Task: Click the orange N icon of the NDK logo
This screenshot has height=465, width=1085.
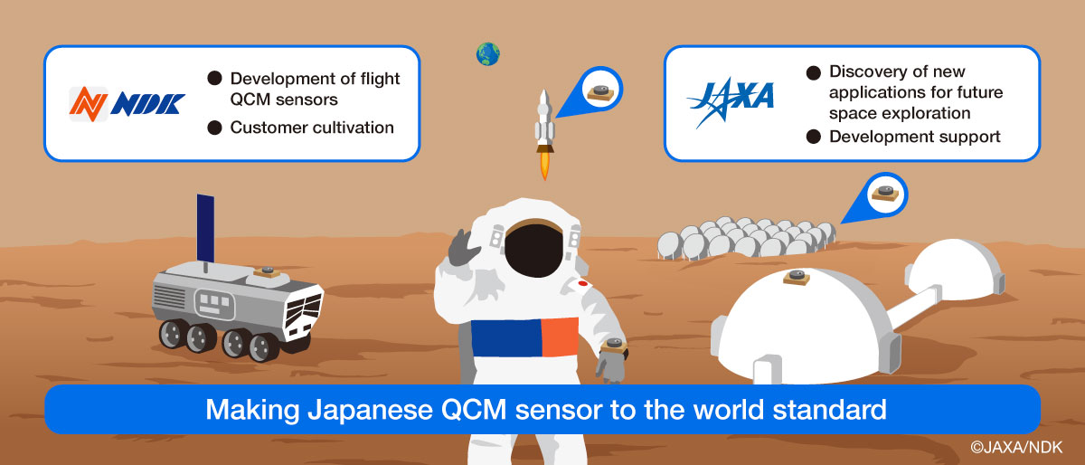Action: click(x=89, y=104)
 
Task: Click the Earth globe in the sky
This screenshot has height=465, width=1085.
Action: click(x=487, y=53)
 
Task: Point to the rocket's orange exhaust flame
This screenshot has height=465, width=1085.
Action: click(x=545, y=165)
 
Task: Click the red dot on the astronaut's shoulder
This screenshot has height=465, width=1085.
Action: click(x=582, y=283)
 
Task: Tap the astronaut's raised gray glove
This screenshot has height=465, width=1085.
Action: click(x=463, y=248)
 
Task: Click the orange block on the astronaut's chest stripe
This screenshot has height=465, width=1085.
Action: click(x=560, y=337)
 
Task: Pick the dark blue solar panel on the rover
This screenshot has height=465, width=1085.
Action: click(x=205, y=228)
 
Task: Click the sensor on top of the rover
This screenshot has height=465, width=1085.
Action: click(x=268, y=271)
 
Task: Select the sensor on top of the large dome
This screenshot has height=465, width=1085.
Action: click(x=797, y=278)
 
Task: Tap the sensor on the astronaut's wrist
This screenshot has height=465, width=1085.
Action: click(x=614, y=346)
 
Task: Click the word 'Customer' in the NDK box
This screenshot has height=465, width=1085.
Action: click(x=267, y=128)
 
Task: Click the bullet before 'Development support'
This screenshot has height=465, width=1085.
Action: click(x=814, y=137)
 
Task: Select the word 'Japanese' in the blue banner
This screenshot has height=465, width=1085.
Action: click(x=370, y=410)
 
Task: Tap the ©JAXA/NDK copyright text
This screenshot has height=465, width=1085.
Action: click(x=1016, y=447)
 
